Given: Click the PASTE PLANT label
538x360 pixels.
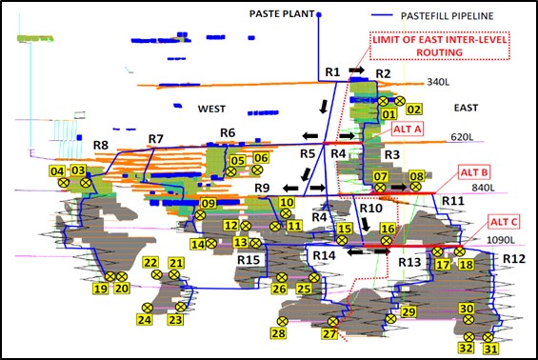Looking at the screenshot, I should tap(281, 15).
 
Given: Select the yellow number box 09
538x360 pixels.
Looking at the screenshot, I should tap(209, 203).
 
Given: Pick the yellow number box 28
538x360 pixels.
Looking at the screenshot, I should tap(279, 333).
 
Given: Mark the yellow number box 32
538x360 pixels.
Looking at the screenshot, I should tap(466, 349).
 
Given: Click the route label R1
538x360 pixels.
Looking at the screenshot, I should tap(332, 72).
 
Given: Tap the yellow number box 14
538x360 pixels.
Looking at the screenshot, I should tap(197, 244).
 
